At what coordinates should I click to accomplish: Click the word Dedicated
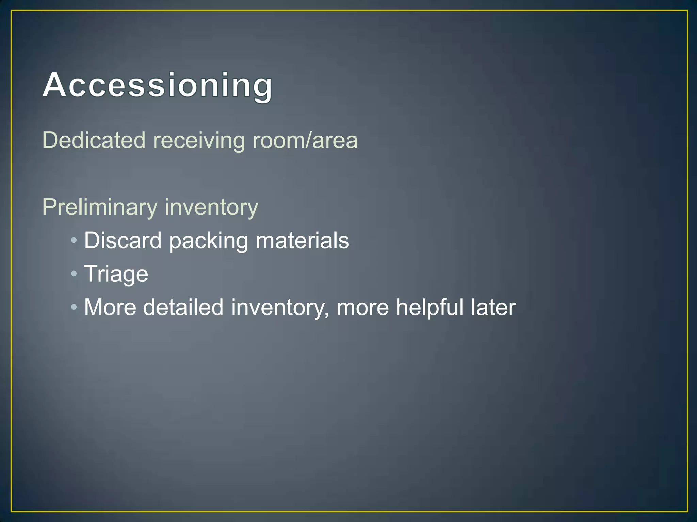pyautogui.click(x=94, y=140)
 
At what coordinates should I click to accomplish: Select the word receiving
pyautogui.click(x=199, y=140)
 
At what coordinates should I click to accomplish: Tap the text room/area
pyautogui.click(x=305, y=140)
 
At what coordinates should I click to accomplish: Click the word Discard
pyautogui.click(x=123, y=240)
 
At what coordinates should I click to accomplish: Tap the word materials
pyautogui.click(x=302, y=240)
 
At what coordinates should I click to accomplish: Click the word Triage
pyautogui.click(x=116, y=274)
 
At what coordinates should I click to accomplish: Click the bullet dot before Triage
pyautogui.click(x=74, y=274)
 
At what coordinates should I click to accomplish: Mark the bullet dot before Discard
pyautogui.click(x=74, y=241)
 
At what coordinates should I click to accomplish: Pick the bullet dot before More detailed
pyautogui.click(x=74, y=308)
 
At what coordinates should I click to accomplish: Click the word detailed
pyautogui.click(x=183, y=307)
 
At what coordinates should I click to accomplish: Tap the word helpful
pyautogui.click(x=429, y=307)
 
